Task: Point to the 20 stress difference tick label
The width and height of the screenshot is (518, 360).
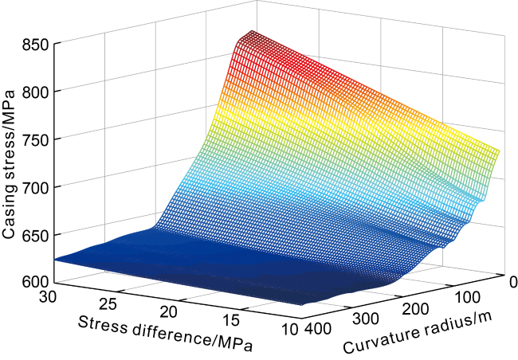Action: coord(170,313)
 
